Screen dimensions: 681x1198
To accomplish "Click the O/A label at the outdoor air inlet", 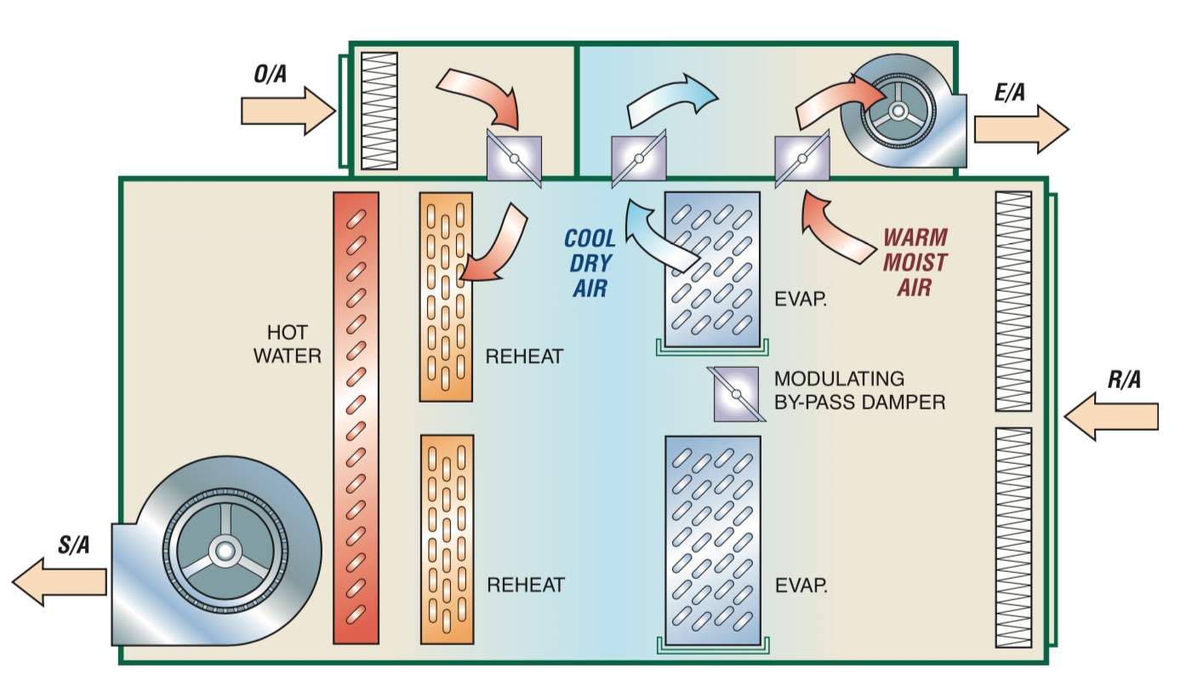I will coord(271,74).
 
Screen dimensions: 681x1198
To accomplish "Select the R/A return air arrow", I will coord(1111,416).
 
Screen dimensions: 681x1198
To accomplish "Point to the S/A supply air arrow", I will coord(59,581).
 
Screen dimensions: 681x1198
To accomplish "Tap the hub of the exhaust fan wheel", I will coord(897,112).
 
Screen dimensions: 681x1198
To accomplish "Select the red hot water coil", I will coord(356,417).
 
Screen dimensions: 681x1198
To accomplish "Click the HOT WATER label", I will coord(287,344).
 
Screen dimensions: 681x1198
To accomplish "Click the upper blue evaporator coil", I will coord(712,269).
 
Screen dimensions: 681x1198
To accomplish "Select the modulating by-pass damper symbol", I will coord(735,393).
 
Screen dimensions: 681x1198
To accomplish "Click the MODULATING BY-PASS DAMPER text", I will coord(859,391).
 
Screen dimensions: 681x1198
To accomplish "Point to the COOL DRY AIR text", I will coord(590,263).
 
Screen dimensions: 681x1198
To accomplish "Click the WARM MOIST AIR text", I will coord(914,262).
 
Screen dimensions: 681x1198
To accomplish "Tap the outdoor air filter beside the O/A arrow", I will coord(379,111).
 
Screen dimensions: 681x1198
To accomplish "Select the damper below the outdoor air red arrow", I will coord(513,158).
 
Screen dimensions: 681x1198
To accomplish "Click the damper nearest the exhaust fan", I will coord(802,158).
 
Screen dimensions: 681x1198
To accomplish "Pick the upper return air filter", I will coord(1013,301).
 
